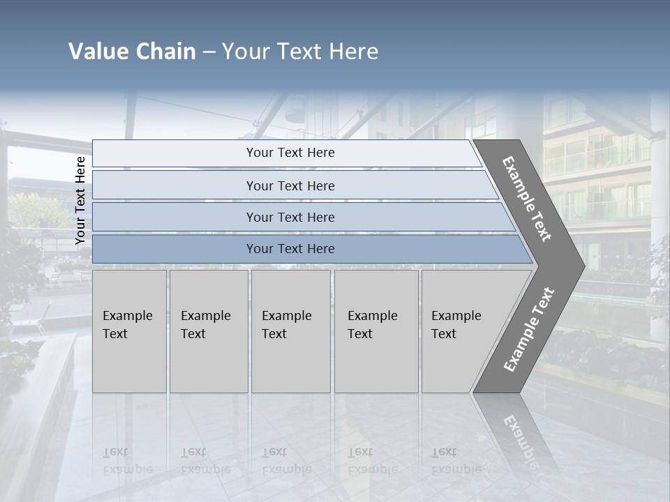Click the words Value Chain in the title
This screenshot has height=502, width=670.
132,52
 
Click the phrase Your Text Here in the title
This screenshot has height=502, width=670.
300,52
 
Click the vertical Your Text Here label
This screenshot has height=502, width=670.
80,200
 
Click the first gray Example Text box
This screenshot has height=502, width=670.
129,331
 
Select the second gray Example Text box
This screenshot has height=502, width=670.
208,331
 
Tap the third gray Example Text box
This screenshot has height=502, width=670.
290,331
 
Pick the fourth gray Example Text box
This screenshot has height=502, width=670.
376,331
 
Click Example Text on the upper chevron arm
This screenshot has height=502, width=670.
527,199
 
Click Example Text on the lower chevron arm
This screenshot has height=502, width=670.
528,330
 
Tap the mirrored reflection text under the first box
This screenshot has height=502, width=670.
127,461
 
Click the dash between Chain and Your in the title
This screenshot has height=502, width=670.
209,52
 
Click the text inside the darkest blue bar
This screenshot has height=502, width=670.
290,249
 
